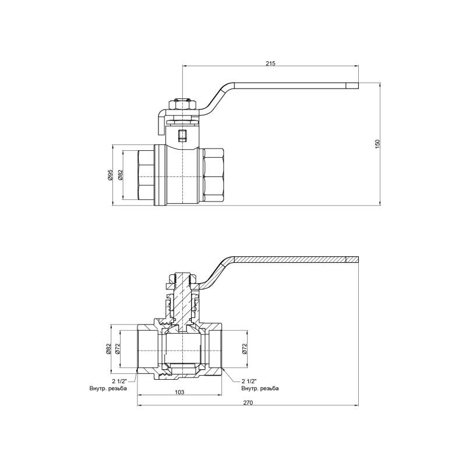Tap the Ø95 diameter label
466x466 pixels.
[110, 175]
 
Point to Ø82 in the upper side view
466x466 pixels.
[121, 175]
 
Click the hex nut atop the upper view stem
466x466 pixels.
[182, 105]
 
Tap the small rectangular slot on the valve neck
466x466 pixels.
[182, 136]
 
